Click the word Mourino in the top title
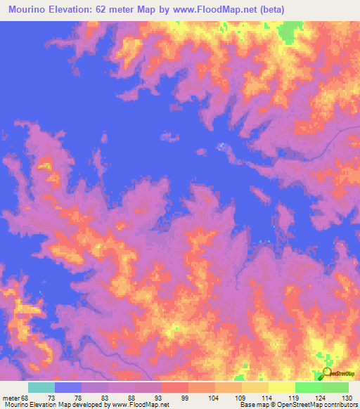(28, 10)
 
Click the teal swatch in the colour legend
(41, 387)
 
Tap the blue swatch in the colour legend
(68, 387)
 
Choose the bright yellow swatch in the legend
(281, 387)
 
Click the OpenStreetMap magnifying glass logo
(326, 373)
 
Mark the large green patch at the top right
(288, 32)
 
